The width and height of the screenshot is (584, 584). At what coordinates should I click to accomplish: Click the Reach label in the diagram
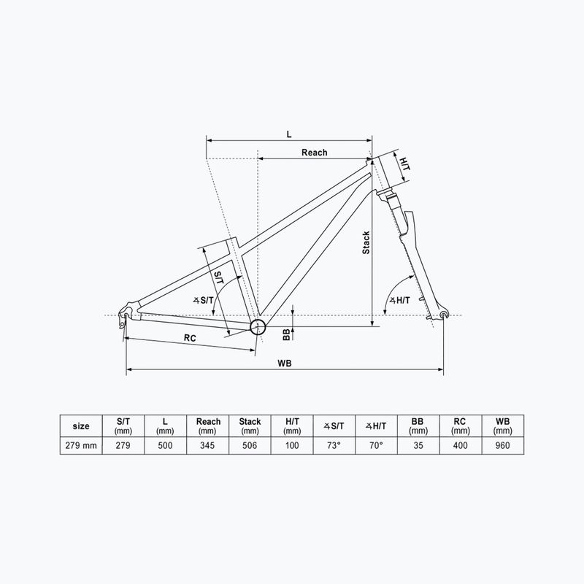(x=314, y=153)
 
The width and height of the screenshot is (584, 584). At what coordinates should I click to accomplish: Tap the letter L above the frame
(x=289, y=134)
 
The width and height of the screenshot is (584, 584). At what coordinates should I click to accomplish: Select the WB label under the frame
(x=285, y=364)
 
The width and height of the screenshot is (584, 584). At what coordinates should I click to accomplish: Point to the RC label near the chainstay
(x=189, y=338)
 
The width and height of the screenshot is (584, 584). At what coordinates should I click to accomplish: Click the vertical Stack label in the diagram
(x=366, y=242)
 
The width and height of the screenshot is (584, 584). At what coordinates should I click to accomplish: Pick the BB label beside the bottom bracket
(x=286, y=333)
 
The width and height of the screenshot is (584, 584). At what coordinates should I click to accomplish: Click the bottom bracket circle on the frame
(x=258, y=326)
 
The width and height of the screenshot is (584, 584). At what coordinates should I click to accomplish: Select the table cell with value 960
(x=502, y=445)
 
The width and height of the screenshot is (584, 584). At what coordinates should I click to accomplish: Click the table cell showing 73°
(x=334, y=445)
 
